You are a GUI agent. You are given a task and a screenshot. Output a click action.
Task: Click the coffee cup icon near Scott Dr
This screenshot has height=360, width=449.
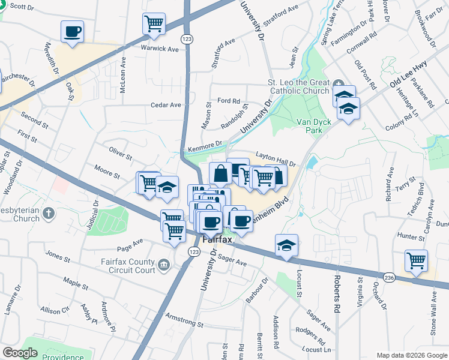(x=72, y=31)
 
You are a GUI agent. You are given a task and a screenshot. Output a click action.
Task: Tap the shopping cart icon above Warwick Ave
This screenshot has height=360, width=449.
(x=154, y=24)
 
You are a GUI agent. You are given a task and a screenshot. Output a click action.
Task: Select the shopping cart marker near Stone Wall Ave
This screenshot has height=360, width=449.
(x=416, y=260)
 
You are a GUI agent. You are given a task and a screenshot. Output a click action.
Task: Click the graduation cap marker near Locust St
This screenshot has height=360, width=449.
(x=287, y=245)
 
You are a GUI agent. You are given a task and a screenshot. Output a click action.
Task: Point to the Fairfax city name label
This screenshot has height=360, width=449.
(x=217, y=239)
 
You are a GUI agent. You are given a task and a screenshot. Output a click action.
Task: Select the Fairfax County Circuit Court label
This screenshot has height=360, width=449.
(x=128, y=266)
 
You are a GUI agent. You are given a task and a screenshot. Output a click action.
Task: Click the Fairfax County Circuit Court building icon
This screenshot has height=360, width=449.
(x=163, y=265)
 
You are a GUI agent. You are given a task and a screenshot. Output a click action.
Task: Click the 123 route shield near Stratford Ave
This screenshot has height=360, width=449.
(x=188, y=38)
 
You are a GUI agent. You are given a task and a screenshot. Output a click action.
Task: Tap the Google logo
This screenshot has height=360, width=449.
(x=20, y=353)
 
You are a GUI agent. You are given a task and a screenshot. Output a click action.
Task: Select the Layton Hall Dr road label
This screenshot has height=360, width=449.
(x=277, y=159)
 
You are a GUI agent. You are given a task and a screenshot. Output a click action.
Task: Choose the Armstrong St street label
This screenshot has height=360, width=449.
(x=184, y=319)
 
